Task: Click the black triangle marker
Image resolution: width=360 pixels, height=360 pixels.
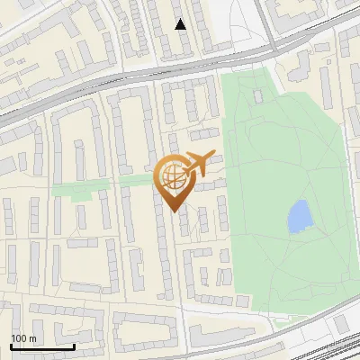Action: coord(181,24)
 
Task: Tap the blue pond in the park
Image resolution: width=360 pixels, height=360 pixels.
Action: coord(297,217)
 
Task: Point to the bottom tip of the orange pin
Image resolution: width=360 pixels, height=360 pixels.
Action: coord(172,211)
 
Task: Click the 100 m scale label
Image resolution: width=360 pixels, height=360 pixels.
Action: coord(23,338)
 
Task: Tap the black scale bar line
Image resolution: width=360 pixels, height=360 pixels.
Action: coord(41,346)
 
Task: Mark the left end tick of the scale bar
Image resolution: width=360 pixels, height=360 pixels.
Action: coord(10,345)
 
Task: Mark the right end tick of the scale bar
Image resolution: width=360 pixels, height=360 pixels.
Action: coord(74,345)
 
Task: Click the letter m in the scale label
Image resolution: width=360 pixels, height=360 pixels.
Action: coord(32,338)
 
